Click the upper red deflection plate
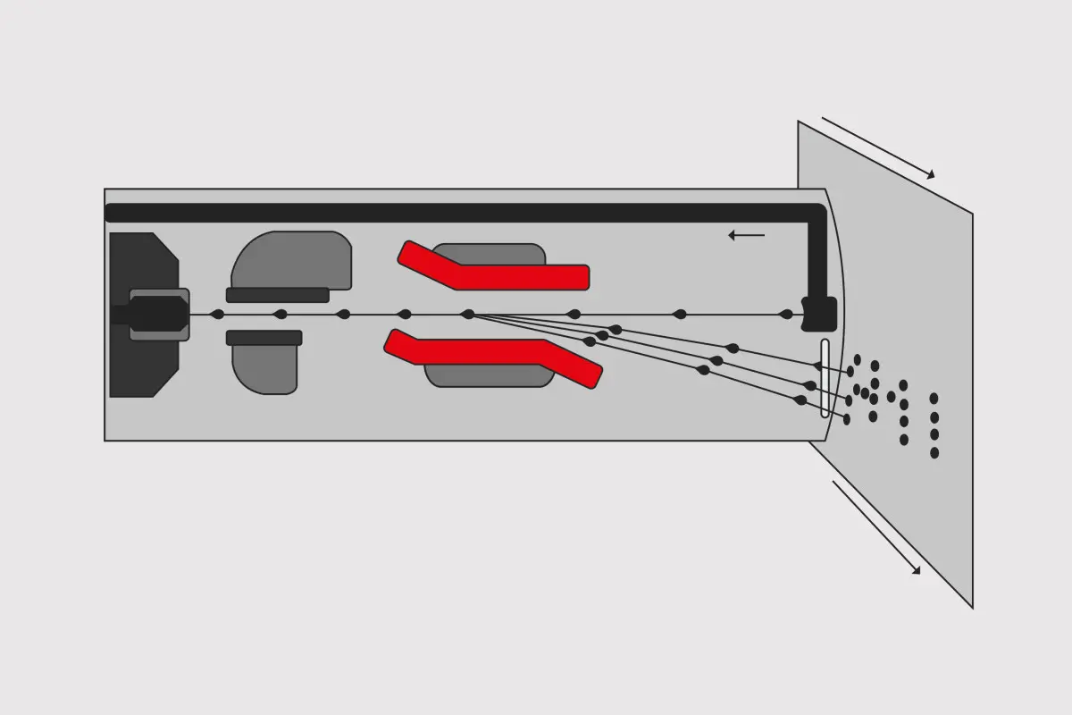coord(518,276)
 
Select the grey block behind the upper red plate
coord(489,253)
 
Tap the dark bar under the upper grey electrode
coord(277,295)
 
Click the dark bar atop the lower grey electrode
coord(264,338)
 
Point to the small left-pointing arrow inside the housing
coord(746,236)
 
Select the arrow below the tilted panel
coord(875,527)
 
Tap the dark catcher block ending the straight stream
coord(819,315)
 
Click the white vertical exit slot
coord(825,378)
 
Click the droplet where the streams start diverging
coord(467,315)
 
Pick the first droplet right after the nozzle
coord(216,315)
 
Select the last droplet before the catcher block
coord(786,315)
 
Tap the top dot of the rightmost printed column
coord(934,399)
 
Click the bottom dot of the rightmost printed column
coord(934,453)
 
